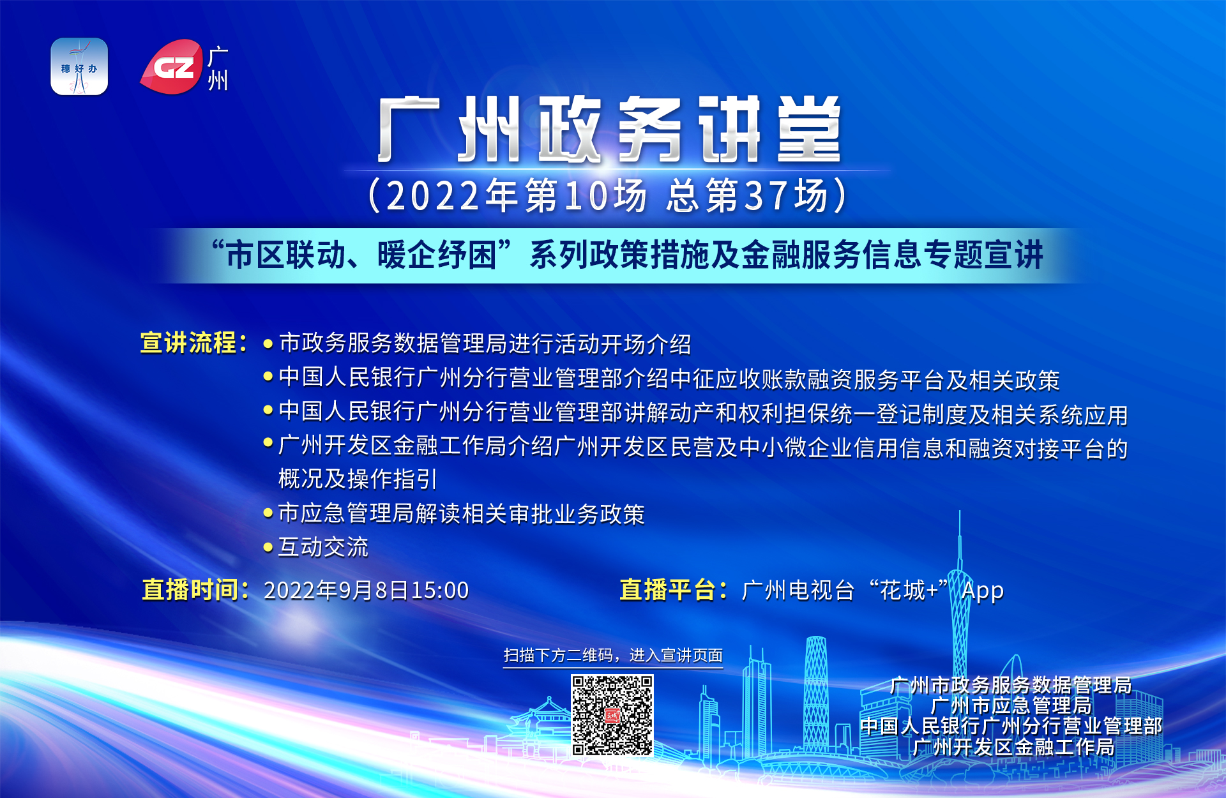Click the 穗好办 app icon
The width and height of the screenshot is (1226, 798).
(x=79, y=66)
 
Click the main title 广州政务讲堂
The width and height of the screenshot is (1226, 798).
(x=610, y=130)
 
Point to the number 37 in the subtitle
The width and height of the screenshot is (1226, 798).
(x=764, y=196)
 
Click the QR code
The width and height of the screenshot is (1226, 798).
(x=612, y=716)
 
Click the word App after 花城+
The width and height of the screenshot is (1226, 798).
(x=983, y=591)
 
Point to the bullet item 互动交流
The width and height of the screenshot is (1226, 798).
(x=323, y=547)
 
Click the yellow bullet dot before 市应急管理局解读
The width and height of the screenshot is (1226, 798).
(x=268, y=513)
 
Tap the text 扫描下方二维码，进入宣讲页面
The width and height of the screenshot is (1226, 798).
(x=613, y=656)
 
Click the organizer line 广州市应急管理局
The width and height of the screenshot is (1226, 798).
(x=1011, y=705)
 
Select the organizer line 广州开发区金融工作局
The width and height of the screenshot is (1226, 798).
(x=1013, y=746)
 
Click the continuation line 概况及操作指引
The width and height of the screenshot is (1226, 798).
(x=358, y=479)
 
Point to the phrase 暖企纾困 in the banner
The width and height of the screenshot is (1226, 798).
(x=437, y=255)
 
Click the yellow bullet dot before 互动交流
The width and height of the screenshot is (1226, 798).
(x=268, y=547)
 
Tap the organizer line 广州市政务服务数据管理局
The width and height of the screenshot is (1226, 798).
(x=1011, y=685)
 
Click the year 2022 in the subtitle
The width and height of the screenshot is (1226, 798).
(x=433, y=196)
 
